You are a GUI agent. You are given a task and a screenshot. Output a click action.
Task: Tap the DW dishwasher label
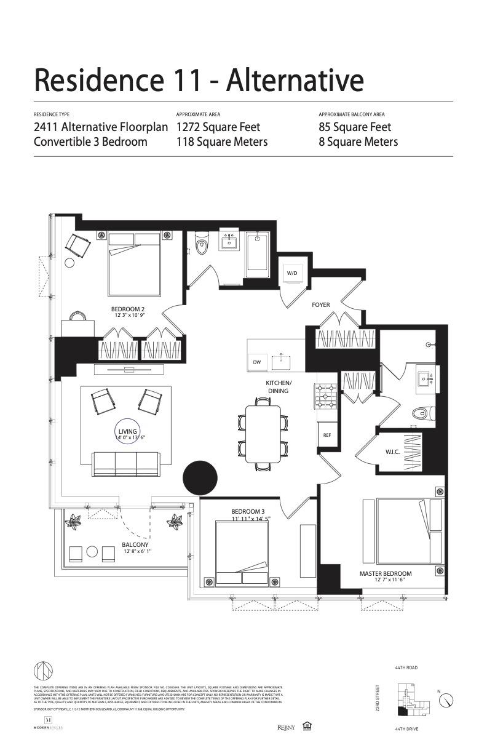point(256,363)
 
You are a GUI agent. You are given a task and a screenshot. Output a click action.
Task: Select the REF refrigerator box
point(327,434)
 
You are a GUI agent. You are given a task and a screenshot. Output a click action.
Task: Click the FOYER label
point(320,305)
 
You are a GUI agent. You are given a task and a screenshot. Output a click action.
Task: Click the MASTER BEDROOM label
point(386,573)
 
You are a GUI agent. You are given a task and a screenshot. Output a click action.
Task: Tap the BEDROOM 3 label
point(248,511)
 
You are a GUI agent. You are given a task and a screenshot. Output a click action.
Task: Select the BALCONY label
point(135,544)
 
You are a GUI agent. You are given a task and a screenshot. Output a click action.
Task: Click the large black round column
point(201,477)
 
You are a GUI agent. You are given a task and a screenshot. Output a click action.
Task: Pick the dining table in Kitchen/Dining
point(263,434)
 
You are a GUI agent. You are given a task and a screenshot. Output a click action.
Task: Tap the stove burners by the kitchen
point(326,396)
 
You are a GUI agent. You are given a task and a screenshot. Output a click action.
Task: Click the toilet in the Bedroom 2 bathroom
point(202,244)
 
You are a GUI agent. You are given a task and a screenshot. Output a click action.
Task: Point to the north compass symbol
point(447,699)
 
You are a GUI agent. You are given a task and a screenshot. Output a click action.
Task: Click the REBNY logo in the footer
point(286,727)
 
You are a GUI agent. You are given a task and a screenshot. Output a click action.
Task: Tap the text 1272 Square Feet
point(218,127)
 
